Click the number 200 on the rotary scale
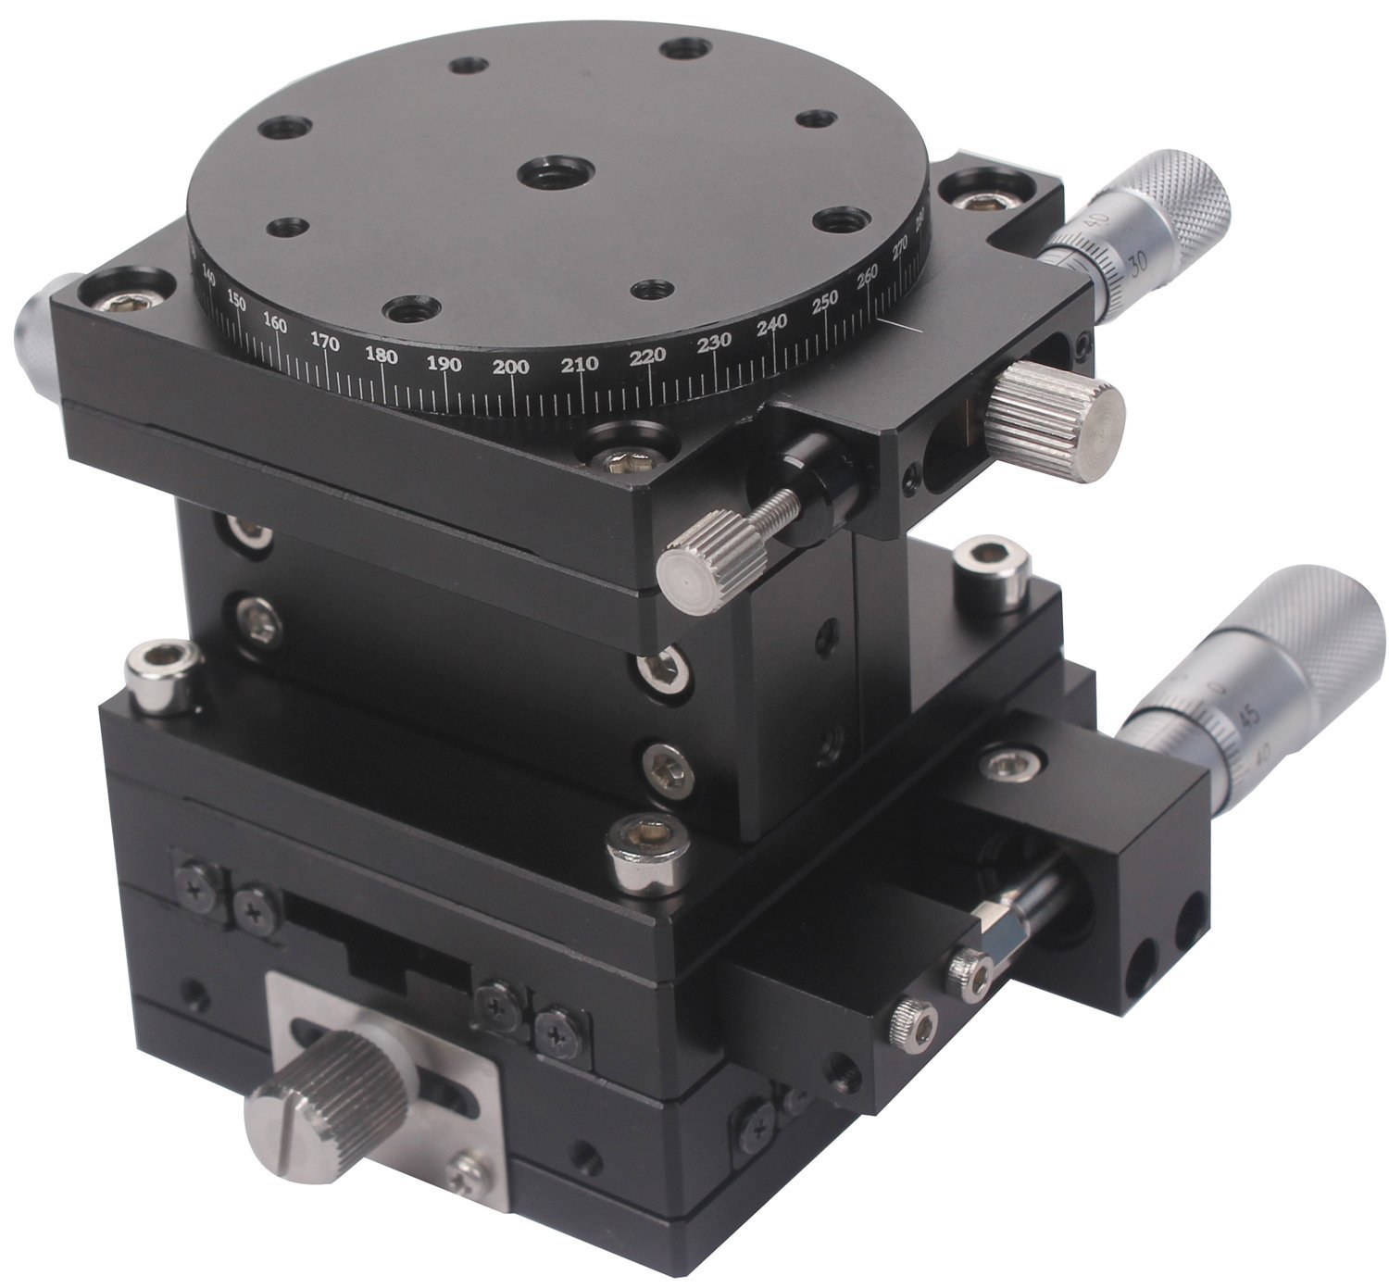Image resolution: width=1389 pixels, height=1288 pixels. pos(511,368)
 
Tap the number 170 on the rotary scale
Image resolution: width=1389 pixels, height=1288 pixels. pos(324,343)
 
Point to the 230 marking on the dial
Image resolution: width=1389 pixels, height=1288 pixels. pos(714,344)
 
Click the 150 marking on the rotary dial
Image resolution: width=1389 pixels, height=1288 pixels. pos(236,302)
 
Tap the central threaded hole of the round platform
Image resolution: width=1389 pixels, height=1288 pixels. pos(545,173)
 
